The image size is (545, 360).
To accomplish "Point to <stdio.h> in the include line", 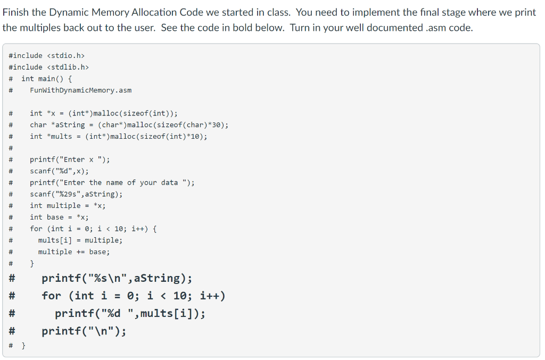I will (66, 55).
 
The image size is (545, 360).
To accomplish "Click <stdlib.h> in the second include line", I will (68, 67).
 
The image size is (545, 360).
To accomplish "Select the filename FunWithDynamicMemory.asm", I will (81, 90).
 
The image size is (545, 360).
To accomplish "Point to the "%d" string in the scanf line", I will (64, 171).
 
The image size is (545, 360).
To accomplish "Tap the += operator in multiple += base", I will (80, 252).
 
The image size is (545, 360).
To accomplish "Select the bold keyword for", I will (52, 296).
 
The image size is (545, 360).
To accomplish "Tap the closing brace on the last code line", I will (23, 346).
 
